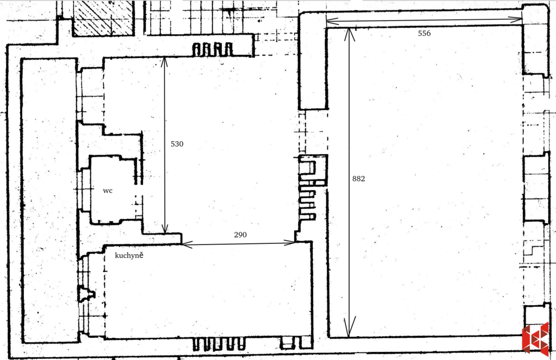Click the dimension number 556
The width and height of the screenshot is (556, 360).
pyautogui.click(x=424, y=33)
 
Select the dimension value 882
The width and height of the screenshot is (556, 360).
pyautogui.click(x=359, y=179)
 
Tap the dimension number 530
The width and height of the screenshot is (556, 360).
pyautogui.click(x=177, y=144)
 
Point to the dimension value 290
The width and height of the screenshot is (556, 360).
pyautogui.click(x=240, y=235)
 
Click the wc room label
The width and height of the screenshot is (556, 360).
pyautogui.click(x=108, y=191)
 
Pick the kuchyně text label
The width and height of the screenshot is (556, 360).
pyautogui.click(x=129, y=255)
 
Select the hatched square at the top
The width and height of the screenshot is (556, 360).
pyautogui.click(x=104, y=18)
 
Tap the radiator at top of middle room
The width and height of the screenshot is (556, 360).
pyautogui.click(x=213, y=49)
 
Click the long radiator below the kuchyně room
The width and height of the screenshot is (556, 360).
pyautogui.click(x=220, y=343)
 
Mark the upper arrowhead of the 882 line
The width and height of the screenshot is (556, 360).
pyautogui.click(x=349, y=33)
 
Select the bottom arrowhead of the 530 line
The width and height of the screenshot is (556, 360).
pyautogui.click(x=165, y=229)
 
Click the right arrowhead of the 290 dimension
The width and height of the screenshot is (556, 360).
pyautogui.click(x=293, y=242)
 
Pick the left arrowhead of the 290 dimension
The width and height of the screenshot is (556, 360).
pyautogui.click(x=186, y=245)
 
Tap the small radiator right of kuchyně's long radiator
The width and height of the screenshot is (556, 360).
pyautogui.click(x=288, y=343)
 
